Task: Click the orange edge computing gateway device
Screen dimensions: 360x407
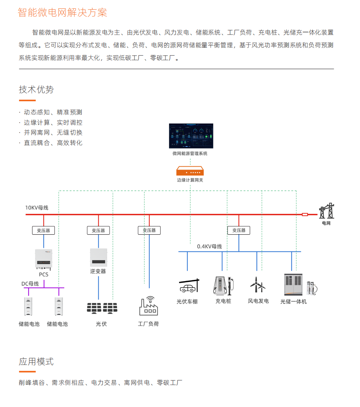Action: point(190,171)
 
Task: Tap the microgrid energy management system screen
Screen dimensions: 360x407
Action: point(191,136)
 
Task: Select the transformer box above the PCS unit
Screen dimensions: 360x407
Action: point(43,230)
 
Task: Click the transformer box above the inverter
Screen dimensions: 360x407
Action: point(98,230)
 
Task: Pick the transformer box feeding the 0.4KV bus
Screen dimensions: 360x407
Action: point(239,230)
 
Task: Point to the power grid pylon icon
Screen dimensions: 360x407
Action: point(327,211)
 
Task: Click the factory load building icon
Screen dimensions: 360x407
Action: point(148,306)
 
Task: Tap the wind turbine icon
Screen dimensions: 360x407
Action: point(258,285)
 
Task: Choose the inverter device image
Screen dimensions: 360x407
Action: point(98,257)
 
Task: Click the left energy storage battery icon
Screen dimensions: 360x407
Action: point(28,306)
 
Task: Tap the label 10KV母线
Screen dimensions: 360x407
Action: point(37,208)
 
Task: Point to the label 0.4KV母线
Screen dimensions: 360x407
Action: point(210,246)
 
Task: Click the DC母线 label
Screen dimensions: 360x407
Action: point(30,284)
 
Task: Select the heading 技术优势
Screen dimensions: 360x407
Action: point(37,90)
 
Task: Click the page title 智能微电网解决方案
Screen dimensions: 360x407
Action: point(62,12)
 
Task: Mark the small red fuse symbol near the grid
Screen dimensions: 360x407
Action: point(305,214)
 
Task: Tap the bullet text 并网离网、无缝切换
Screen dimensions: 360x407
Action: point(53,133)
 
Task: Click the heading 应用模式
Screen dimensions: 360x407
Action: point(37,362)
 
